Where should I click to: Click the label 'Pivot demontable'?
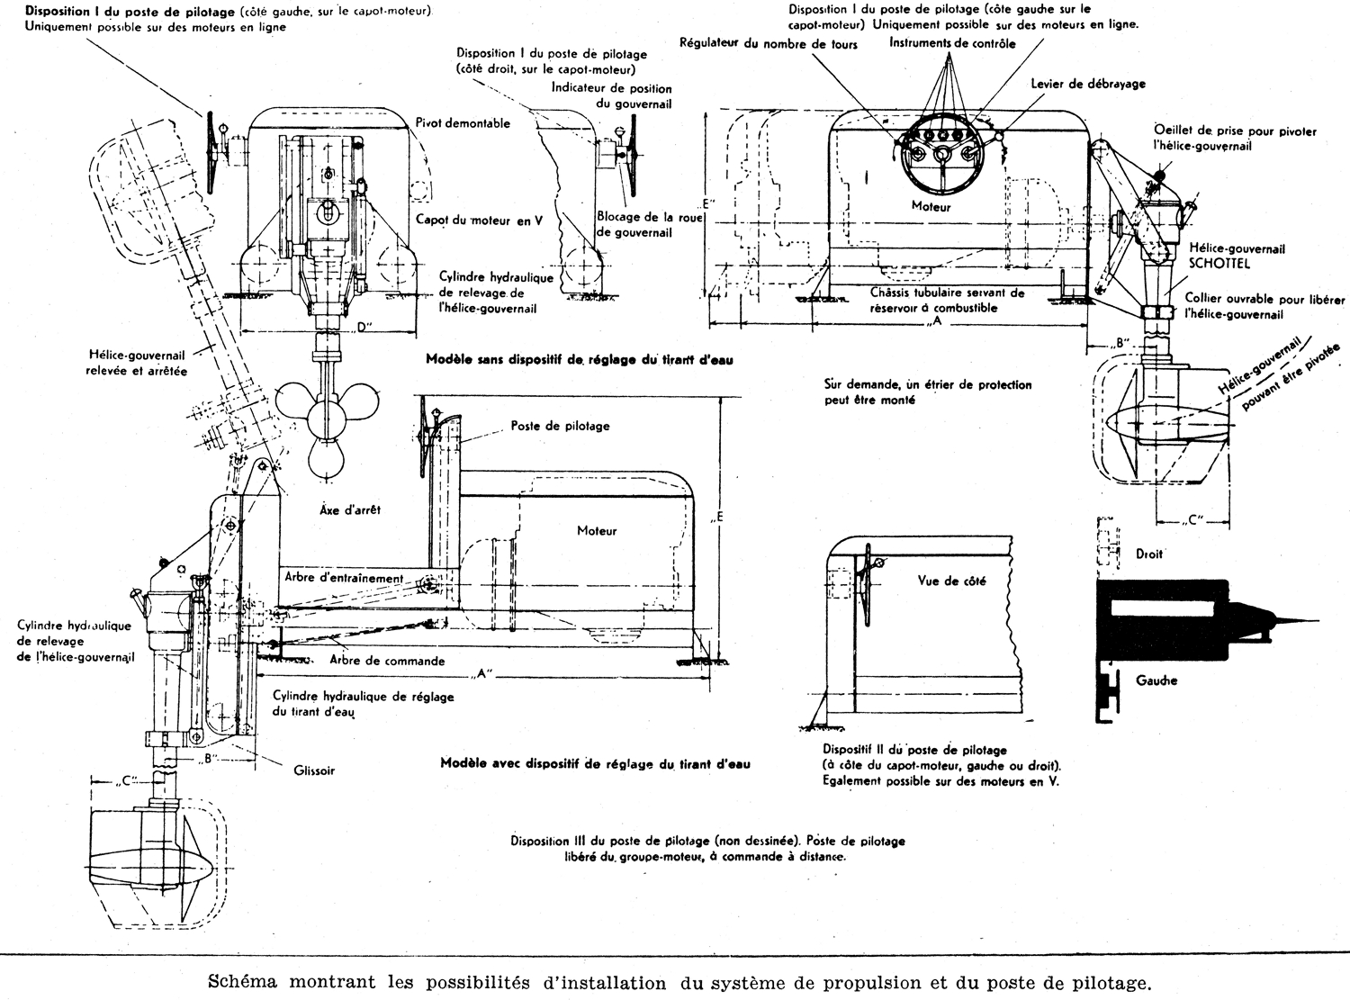click(463, 123)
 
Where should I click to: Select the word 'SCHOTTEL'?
click(1214, 266)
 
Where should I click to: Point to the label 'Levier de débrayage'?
click(1088, 84)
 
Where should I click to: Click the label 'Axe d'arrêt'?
click(350, 509)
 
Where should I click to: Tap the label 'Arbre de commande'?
click(387, 661)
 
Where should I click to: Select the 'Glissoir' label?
click(312, 770)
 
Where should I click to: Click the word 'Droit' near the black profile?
click(1149, 554)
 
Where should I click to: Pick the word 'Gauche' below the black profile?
click(1156, 680)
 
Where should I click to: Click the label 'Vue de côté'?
click(951, 581)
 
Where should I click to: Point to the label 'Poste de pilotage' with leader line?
click(560, 426)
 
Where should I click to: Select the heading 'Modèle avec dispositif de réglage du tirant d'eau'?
click(595, 763)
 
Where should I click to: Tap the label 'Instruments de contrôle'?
click(952, 43)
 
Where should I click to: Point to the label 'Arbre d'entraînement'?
click(343, 577)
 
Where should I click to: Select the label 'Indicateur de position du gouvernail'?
click(611, 95)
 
